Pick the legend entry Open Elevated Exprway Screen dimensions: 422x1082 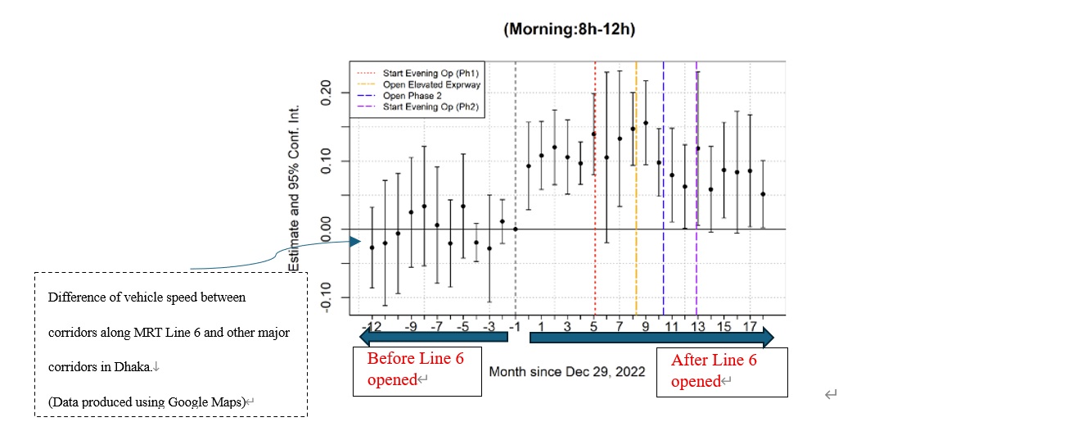(431, 84)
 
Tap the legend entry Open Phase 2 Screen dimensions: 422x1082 (418, 96)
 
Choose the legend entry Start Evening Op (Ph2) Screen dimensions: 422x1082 (430, 107)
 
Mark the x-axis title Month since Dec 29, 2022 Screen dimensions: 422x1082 (567, 371)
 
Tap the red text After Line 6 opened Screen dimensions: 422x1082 (714, 370)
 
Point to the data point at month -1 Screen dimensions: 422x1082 (515, 229)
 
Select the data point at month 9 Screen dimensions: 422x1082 (646, 123)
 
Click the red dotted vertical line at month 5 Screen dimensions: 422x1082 (595, 205)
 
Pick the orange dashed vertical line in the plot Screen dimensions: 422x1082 (636, 205)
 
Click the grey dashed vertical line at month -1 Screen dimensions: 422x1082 (515, 164)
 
